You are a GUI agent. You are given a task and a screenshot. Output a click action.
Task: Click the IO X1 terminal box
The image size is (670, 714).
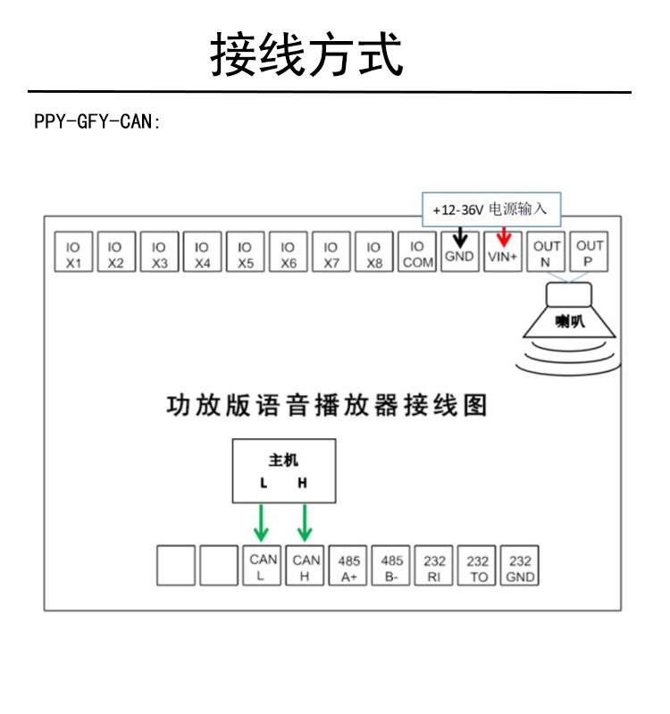(x=73, y=252)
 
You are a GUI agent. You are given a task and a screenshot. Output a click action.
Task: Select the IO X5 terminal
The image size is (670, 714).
(x=245, y=252)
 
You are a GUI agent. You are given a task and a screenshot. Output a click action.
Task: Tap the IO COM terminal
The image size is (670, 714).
(x=417, y=252)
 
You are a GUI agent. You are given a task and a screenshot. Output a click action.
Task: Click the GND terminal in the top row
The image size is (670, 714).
(x=460, y=252)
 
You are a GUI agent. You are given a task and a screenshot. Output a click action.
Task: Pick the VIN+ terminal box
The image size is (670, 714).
(x=503, y=252)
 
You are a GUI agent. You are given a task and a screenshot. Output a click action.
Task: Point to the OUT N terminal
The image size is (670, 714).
(x=546, y=252)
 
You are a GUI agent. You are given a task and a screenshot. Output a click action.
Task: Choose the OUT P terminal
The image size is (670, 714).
(x=589, y=252)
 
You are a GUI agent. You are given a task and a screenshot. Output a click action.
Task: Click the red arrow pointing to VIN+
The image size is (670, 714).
(x=504, y=237)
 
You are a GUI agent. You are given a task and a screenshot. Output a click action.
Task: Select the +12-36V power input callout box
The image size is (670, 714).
(x=491, y=210)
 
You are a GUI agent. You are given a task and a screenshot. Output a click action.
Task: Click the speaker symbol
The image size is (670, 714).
(x=569, y=328)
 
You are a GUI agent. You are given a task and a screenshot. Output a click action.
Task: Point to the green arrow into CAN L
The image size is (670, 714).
(x=261, y=523)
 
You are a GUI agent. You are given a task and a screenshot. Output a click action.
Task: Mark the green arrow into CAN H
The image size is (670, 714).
(x=305, y=523)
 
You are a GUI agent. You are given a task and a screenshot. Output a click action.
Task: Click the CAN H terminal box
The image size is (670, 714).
(x=305, y=565)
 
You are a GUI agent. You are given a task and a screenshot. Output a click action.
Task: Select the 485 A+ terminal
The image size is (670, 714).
(x=348, y=565)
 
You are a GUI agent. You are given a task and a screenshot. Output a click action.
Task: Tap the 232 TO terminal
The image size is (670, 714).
(x=477, y=565)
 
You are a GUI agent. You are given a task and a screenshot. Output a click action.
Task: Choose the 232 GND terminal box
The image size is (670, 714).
(x=520, y=565)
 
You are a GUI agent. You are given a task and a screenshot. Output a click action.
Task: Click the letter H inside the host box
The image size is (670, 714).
(x=302, y=483)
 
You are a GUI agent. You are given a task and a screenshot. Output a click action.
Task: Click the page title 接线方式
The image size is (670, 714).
(x=306, y=54)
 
